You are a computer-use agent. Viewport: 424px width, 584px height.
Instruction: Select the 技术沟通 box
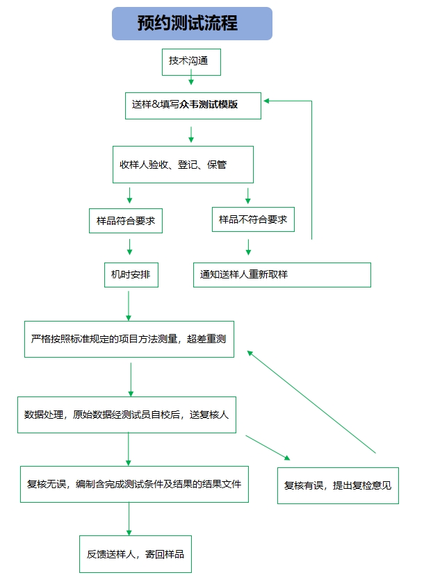coord(191,61)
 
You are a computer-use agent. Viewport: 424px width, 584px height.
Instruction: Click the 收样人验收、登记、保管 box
coord(183,165)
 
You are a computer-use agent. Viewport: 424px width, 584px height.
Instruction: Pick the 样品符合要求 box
coord(125,222)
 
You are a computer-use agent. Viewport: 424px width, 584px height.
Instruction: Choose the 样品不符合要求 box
coord(252,219)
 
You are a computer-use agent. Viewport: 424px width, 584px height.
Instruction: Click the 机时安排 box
coord(130,274)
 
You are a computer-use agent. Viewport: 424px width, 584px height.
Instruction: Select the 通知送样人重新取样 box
coord(281,274)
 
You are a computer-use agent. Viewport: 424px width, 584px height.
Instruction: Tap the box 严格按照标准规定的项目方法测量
coord(129,339)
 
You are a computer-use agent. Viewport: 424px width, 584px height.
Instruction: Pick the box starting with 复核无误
coord(134,483)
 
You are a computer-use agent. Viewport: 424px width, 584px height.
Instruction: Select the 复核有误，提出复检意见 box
coord(338,485)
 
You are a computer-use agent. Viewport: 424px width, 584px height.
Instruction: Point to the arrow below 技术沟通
coord(191,81)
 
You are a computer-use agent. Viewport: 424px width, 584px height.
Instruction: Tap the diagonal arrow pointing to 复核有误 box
coord(268,447)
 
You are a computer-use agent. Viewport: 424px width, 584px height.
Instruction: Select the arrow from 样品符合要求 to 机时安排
coord(129,247)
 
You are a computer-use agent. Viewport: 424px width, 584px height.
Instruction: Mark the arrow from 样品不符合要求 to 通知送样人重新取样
coord(248,247)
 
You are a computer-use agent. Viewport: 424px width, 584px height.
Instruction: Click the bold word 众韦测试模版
coord(209,105)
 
